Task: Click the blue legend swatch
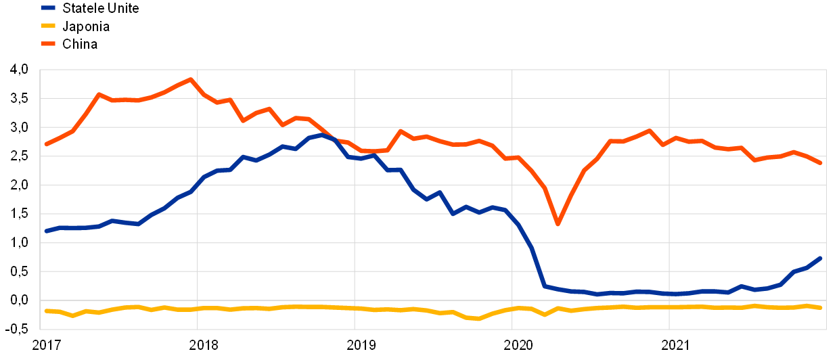48,8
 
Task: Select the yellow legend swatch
48,26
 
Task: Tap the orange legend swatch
48,43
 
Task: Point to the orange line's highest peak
191,79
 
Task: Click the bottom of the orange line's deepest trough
558,223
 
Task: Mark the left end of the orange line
46,144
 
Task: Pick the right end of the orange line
821,163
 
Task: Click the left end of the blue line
46,231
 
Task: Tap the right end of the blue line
821,258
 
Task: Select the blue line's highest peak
321,135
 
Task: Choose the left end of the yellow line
46,311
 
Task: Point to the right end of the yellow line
821,307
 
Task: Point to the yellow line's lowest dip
478,318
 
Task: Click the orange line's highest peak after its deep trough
650,130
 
